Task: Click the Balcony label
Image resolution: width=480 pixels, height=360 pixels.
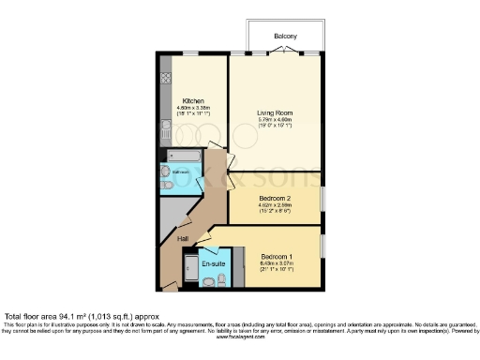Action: (x=285, y=37)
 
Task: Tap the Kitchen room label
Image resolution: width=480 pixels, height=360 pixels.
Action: (x=194, y=100)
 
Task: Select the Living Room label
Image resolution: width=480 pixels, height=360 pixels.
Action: (x=277, y=112)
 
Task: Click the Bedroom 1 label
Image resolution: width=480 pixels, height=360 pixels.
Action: (x=278, y=256)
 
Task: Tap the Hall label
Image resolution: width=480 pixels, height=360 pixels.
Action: (x=183, y=238)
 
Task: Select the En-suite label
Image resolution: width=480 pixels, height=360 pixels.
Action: (x=213, y=263)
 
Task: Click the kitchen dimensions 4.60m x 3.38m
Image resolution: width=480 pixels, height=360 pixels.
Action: (x=194, y=108)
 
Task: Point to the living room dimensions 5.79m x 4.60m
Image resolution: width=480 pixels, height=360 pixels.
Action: (x=277, y=119)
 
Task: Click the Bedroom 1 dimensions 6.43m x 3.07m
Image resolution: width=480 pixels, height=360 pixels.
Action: (x=278, y=263)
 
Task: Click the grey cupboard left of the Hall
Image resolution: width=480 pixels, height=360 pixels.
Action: (x=170, y=216)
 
